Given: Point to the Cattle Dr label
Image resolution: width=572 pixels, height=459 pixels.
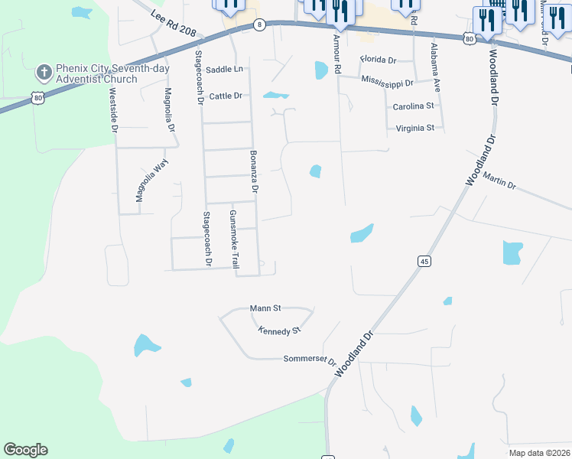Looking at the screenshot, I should (x=226, y=96).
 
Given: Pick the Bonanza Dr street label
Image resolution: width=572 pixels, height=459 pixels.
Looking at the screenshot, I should (x=254, y=171).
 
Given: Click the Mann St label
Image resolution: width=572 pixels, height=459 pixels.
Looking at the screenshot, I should (x=266, y=308).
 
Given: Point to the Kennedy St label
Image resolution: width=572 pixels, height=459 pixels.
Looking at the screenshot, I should (x=279, y=330).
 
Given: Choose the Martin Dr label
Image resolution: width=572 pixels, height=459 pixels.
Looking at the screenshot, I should (x=499, y=181).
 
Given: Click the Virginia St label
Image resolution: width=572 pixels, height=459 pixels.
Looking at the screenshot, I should (x=415, y=128).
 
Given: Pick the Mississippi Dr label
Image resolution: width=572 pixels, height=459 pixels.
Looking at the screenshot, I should (x=387, y=81).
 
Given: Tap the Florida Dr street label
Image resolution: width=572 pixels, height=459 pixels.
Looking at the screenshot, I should (x=379, y=59).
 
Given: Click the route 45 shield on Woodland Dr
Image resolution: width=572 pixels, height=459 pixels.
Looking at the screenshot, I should (x=423, y=262).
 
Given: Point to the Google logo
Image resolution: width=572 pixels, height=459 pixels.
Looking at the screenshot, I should (x=25, y=450).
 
